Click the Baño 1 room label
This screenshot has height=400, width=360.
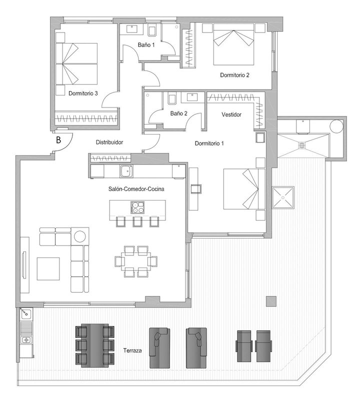[146, 45]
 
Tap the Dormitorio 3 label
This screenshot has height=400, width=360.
[83, 93]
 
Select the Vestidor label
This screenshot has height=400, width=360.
[231, 114]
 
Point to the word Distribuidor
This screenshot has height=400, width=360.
[109, 142]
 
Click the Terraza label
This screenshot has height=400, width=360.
[132, 350]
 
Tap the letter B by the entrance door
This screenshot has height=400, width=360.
[58, 140]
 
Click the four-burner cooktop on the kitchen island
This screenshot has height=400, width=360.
[137, 207]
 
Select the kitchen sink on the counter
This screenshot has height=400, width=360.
[126, 171]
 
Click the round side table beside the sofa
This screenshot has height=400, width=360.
[80, 236]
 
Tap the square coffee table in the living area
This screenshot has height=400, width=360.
[48, 269]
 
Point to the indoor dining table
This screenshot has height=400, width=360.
[135, 261]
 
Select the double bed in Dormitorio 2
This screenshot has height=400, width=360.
[233, 44]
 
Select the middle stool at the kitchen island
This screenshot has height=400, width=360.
[137, 221]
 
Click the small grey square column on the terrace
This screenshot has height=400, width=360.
[271, 301]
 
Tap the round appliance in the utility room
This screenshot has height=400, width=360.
[336, 126]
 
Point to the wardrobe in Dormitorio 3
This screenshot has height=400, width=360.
[86, 118]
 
